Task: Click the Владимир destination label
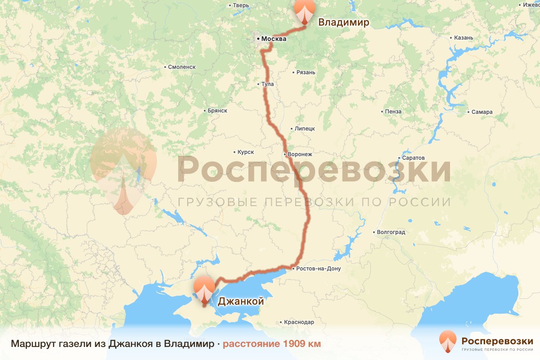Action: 343,22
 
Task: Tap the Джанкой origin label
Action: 241,301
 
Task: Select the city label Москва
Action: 274,39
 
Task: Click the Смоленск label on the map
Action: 181,67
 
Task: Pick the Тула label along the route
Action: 268,84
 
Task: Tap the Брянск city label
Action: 217,111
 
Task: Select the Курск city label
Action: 246,153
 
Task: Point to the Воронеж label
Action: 300,154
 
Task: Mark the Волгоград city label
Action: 391,232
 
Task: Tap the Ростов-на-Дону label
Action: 319,269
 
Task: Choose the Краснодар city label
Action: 299,322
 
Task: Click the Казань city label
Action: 464,38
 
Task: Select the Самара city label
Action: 482,112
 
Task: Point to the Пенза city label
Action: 393,111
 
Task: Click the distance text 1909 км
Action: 271,344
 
